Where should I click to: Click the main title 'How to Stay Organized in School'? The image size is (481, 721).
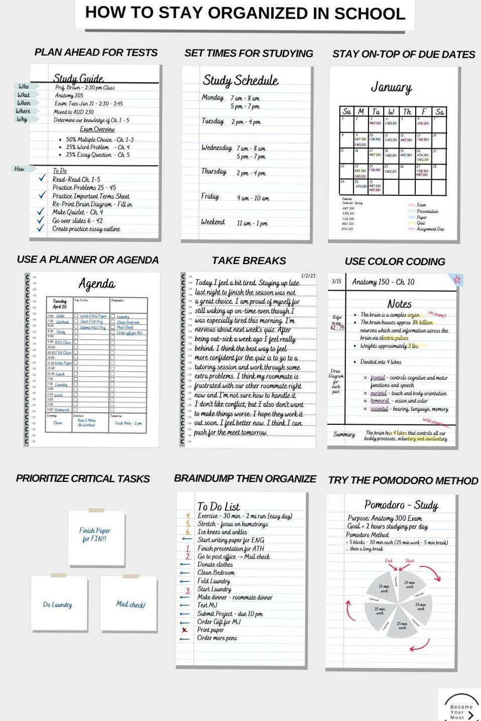tap(245, 14)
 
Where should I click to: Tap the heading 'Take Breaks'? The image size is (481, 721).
tap(249, 261)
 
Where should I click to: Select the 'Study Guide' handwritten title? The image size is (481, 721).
tap(78, 78)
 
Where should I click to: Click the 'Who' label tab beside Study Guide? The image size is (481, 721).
tap(24, 86)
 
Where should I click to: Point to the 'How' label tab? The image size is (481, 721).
tap(20, 169)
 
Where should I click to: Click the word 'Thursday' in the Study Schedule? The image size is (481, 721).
tap(214, 171)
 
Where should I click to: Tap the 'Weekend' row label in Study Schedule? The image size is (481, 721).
tap(213, 222)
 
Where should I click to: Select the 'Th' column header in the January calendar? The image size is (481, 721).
tap(407, 111)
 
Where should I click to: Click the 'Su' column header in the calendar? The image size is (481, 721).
tap(346, 111)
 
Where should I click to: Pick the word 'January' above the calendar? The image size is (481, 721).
tap(391, 87)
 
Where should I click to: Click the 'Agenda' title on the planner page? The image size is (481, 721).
tap(96, 284)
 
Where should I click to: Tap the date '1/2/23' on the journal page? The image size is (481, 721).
tap(308, 276)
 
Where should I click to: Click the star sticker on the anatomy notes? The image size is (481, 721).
tap(456, 280)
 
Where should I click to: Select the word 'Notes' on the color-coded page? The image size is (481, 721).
tap(399, 304)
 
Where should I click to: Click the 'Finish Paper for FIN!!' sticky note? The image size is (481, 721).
tap(95, 535)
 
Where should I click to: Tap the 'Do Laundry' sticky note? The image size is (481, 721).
tap(58, 605)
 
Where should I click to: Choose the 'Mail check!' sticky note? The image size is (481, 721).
tap(131, 605)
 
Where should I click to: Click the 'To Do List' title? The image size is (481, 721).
tap(218, 507)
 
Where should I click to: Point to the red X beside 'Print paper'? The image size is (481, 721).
tap(185, 630)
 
